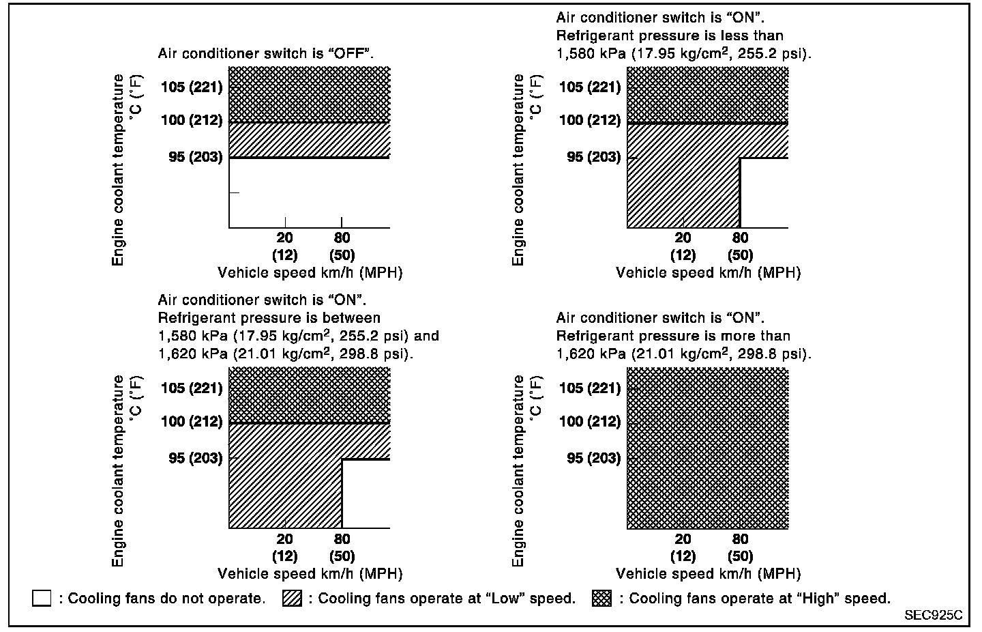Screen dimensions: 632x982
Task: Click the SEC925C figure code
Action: tap(933, 615)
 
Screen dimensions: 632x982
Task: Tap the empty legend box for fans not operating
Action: tap(42, 599)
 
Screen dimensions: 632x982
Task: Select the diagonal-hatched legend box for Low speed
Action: tap(292, 599)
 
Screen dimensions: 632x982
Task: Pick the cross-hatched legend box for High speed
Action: tap(601, 599)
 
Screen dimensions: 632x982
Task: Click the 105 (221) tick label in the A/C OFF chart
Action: tap(192, 87)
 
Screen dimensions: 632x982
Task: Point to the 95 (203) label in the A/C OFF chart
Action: tap(196, 157)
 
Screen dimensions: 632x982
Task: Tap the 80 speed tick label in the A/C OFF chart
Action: tap(342, 238)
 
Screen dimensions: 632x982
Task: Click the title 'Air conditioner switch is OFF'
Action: tap(266, 53)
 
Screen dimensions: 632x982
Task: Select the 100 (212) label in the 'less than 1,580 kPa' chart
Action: tap(590, 120)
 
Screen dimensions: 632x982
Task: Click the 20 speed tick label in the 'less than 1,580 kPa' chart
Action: tap(683, 238)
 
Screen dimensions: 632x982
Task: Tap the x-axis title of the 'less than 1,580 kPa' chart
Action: tap(708, 273)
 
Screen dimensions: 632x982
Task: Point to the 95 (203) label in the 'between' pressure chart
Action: tap(196, 458)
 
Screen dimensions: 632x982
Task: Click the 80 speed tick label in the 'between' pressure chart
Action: tap(342, 538)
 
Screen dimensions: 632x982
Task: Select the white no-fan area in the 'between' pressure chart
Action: tap(366, 494)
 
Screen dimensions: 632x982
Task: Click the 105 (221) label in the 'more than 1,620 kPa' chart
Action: tap(590, 388)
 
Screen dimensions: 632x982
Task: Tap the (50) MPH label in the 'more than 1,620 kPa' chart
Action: tap(740, 556)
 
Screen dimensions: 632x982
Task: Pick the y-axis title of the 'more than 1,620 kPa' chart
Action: tap(519, 471)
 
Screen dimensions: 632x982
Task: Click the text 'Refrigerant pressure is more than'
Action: tap(673, 336)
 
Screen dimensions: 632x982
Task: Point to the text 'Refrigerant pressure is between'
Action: tap(269, 318)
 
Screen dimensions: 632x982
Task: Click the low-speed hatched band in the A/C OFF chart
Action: tap(309, 139)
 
